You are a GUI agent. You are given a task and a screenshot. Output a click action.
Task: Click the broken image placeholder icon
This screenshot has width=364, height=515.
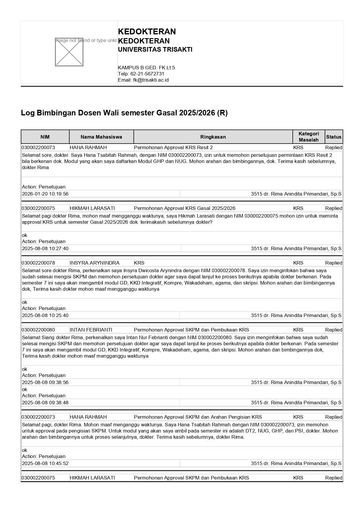(x=69, y=52)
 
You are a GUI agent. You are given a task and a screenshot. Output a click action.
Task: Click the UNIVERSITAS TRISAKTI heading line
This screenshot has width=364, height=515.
(x=155, y=50)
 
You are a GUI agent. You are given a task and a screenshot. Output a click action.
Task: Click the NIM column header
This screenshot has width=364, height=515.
(x=45, y=137)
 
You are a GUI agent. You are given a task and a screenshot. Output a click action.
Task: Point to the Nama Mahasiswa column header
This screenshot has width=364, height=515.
(x=101, y=137)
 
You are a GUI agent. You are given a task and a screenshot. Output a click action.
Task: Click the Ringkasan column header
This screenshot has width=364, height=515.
(x=213, y=137)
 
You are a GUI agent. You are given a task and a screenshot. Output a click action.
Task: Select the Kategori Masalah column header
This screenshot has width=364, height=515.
(x=309, y=137)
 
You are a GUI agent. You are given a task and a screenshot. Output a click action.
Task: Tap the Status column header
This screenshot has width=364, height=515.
(x=333, y=137)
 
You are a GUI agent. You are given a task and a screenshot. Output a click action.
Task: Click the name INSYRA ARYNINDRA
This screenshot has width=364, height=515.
(x=94, y=263)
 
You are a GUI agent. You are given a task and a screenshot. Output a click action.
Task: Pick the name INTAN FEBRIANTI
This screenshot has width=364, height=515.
(x=91, y=330)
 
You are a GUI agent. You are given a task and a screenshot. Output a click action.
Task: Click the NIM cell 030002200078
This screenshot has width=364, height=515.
(x=38, y=263)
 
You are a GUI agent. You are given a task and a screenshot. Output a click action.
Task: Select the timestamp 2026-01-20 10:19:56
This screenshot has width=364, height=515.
(x=45, y=194)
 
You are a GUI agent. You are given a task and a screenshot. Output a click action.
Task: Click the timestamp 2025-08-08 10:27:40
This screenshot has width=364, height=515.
(x=45, y=248)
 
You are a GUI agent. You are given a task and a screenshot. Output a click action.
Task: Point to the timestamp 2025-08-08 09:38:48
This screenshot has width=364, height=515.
(x=45, y=403)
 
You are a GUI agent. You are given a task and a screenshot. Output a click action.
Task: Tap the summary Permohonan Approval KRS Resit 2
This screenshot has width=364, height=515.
(x=173, y=147)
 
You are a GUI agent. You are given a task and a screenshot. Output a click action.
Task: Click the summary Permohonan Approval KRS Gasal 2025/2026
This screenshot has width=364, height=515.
(x=184, y=208)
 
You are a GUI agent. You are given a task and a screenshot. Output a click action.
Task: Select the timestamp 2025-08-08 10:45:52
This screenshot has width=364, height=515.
(x=45, y=463)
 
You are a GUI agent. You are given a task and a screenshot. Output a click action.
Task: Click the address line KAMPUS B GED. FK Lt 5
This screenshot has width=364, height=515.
(x=146, y=68)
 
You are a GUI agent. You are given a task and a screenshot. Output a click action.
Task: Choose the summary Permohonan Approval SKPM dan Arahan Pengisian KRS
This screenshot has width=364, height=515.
(x=198, y=417)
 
